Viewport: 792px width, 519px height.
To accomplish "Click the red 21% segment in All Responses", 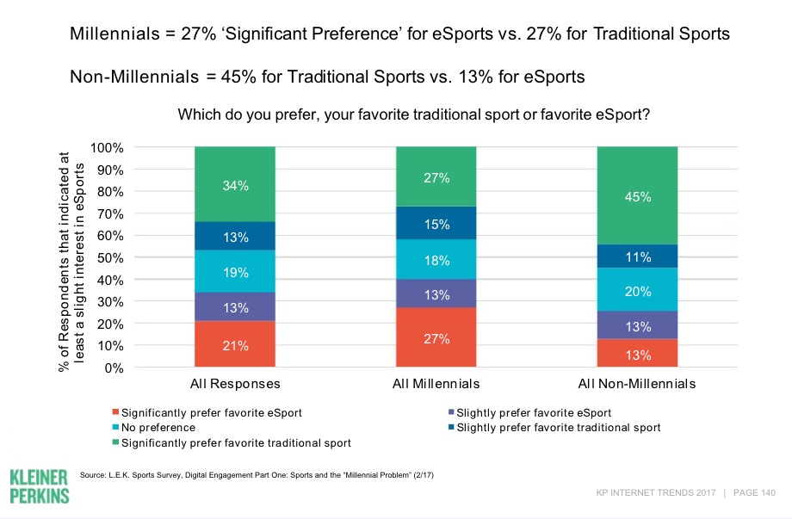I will click(235, 344).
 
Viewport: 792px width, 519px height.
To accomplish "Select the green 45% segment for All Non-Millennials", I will click(638, 195).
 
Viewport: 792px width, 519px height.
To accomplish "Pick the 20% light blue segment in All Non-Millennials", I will click(638, 290).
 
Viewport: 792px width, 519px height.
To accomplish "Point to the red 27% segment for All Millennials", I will click(436, 337).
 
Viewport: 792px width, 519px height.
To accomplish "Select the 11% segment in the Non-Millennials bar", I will click(638, 256).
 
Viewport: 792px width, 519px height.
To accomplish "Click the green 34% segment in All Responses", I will click(235, 184).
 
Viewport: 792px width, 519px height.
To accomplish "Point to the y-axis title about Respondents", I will click(71, 257).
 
